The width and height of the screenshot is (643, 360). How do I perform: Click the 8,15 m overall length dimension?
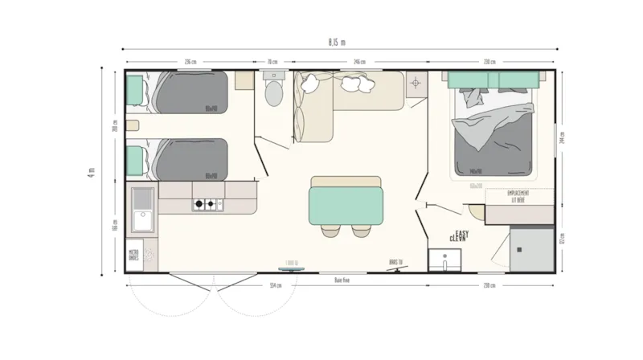pyautogui.click(x=338, y=42)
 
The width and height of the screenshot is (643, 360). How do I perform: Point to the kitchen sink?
pyautogui.click(x=143, y=211)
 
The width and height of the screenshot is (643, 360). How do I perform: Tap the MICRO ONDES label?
pyautogui.click(x=134, y=256)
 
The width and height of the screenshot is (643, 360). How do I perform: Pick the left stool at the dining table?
pyautogui.click(x=330, y=231)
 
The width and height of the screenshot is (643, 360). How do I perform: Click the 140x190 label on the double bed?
pyautogui.click(x=480, y=171)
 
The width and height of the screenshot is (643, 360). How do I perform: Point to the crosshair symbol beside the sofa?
pyautogui.click(x=416, y=83)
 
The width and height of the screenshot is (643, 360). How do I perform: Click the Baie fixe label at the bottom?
pyautogui.click(x=344, y=280)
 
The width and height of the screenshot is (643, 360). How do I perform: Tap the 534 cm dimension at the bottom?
pyautogui.click(x=276, y=286)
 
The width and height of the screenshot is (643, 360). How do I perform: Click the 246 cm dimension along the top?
pyautogui.click(x=359, y=62)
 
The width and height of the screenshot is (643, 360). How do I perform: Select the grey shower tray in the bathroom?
pyautogui.click(x=533, y=248)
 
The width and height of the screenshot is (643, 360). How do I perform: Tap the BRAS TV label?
pyautogui.click(x=394, y=261)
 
